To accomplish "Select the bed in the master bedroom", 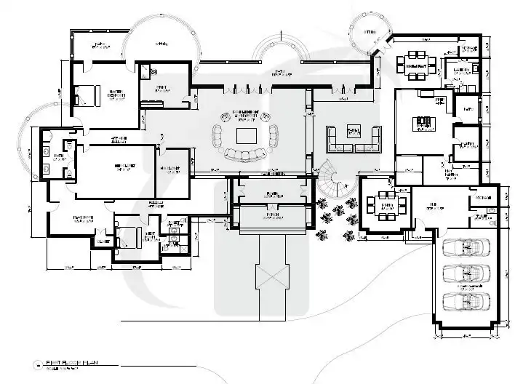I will [87, 94].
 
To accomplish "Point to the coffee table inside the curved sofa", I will [245, 135].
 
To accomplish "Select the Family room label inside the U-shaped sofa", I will [354, 132].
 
